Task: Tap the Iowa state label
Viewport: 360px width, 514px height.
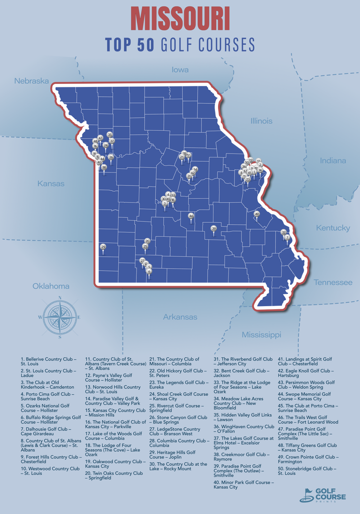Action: coord(180,70)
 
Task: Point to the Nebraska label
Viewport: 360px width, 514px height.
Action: coord(31,81)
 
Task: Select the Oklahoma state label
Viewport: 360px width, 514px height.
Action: coord(51,286)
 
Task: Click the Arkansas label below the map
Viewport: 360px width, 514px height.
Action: coord(180,317)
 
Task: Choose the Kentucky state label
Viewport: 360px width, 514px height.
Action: coord(333,228)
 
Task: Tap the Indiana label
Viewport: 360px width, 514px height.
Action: coord(333,160)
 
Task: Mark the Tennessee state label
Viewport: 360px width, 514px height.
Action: coord(333,282)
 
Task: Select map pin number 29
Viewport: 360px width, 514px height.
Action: coord(103,247)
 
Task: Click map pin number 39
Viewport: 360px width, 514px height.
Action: coord(213,229)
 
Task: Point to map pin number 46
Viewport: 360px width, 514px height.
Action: coord(191,216)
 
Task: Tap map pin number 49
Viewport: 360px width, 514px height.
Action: coord(256,214)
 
